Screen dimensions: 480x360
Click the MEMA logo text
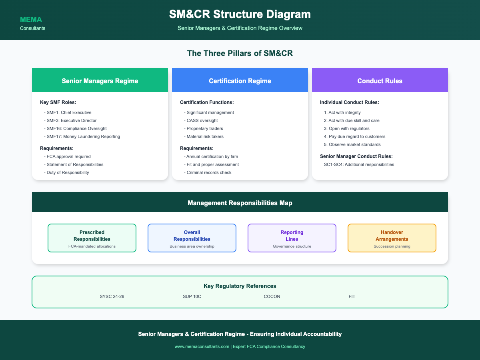pyautogui.click(x=31, y=20)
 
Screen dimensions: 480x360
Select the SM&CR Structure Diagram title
pyautogui.click(x=240, y=14)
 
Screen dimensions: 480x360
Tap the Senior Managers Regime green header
pyautogui.click(x=100, y=80)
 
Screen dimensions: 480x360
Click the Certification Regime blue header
pyautogui.click(x=240, y=80)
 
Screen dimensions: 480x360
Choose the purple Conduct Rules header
pyautogui.click(x=380, y=80)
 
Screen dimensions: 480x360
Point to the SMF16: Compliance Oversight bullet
pyautogui.click(x=75, y=128)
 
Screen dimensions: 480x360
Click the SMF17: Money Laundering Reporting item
pyautogui.click(x=82, y=137)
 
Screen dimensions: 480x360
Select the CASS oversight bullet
pyautogui.click(x=201, y=121)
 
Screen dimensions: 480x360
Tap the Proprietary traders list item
pyautogui.click(x=203, y=128)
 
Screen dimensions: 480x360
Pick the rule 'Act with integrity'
pyautogui.click(x=342, y=112)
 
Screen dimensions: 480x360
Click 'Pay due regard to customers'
pyautogui.click(x=354, y=137)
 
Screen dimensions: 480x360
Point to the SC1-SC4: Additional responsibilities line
pyautogui.click(x=359, y=164)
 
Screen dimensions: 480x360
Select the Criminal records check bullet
pyautogui.click(x=208, y=173)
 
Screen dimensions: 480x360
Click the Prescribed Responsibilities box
pyautogui.click(x=92, y=238)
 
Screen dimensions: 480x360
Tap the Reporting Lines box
pyautogui.click(x=292, y=238)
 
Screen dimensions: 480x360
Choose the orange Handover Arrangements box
pyautogui.click(x=392, y=238)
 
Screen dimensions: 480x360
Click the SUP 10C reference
pyautogui.click(x=192, y=297)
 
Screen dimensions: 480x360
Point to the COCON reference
pyautogui.click(x=272, y=297)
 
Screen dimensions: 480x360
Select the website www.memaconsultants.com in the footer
pyautogui.click(x=202, y=347)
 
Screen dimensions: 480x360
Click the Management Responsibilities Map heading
pyautogui.click(x=240, y=203)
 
